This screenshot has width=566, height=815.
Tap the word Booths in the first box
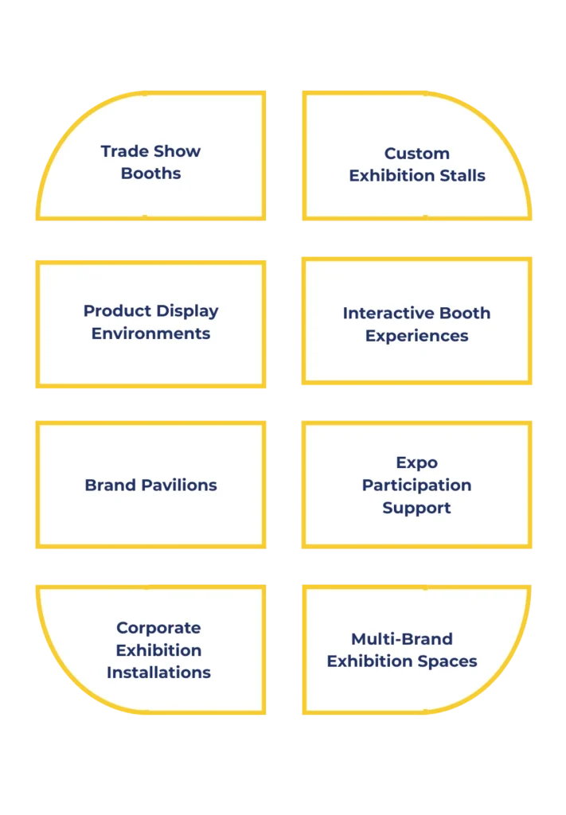tap(151, 174)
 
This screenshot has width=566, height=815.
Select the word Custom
tap(417, 154)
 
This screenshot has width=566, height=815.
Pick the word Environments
tap(151, 333)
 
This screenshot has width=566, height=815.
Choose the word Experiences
tap(417, 336)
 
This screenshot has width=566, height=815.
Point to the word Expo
tap(417, 462)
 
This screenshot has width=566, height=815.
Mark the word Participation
tap(417, 485)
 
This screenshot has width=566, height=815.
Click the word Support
tap(417, 508)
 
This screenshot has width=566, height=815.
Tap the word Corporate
tap(158, 628)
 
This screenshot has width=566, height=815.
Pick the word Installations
tap(158, 673)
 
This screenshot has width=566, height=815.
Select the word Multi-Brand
tap(402, 639)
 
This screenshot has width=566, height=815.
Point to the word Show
tap(176, 151)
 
